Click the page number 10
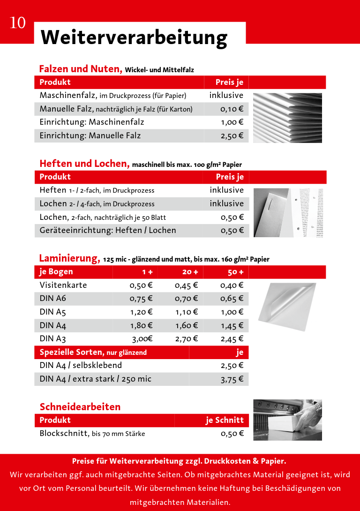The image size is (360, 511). [18, 23]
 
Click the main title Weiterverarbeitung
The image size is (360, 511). [134, 37]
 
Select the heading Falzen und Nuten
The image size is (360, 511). [80, 69]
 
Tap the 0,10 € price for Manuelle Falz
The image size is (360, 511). [232, 109]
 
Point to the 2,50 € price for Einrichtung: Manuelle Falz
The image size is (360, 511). [232, 136]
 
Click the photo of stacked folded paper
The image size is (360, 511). [287, 118]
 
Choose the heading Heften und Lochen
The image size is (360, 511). [84, 164]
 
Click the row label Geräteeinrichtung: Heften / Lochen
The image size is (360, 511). [108, 230]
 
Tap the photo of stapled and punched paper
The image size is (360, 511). [288, 213]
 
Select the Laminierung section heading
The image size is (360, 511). [69, 258]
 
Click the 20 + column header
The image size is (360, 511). [190, 272]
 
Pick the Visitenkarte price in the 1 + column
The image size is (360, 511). [141, 285]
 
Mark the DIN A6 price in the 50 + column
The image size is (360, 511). [232, 299]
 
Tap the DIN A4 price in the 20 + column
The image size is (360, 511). [187, 325]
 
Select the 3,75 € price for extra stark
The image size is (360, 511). [232, 379]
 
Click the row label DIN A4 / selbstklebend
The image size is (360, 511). [81, 365]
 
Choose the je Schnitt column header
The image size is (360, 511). [225, 420]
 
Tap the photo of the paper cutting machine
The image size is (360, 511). [287, 420]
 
